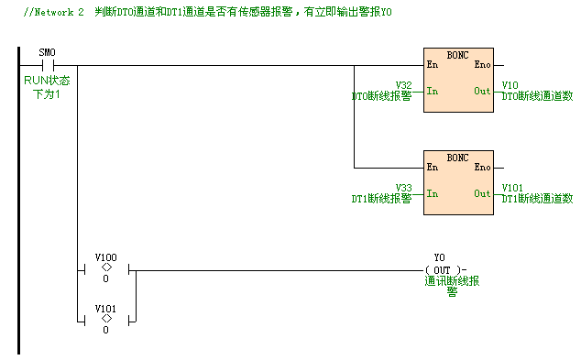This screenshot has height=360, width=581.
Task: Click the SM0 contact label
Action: pos(48,53)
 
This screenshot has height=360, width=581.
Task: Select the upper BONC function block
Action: pos(457,80)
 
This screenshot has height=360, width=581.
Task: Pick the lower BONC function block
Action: pos(457,182)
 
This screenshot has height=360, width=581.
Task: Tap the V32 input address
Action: pos(403,85)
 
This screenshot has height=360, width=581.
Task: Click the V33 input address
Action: pos(403,188)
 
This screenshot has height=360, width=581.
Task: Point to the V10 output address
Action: pos(510,85)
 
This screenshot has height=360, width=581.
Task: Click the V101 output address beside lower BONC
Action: pos(513,188)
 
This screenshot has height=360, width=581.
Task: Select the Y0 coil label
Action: pos(439,257)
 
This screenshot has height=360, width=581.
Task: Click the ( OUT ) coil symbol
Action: pos(444,269)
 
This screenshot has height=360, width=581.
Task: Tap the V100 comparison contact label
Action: pos(106,257)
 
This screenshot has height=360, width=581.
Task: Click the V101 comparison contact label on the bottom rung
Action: pos(106,309)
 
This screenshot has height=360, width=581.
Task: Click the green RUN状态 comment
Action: pos(47,82)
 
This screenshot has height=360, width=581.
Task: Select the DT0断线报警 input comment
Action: pos(381,95)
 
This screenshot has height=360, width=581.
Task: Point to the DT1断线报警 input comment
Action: pos(381,198)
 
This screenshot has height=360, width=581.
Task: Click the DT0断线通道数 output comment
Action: pos(537,95)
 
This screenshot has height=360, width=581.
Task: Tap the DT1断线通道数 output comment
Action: pos(537,198)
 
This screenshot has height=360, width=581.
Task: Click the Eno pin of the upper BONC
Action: pos(482,65)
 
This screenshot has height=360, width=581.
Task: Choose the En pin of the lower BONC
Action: pos(433,168)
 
